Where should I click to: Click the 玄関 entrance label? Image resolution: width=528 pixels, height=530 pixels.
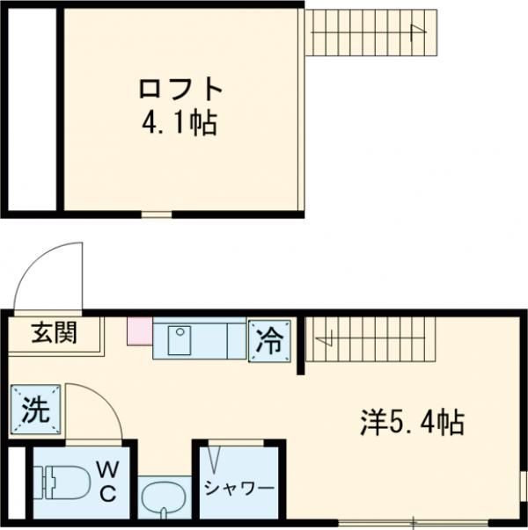tap(55, 333)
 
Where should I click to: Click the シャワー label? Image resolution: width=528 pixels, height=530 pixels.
tap(239, 487)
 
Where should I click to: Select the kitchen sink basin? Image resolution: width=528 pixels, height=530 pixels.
tap(180, 338)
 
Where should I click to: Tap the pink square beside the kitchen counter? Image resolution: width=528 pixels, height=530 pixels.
tap(139, 332)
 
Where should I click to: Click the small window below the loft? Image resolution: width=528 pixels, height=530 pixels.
tap(157, 214)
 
